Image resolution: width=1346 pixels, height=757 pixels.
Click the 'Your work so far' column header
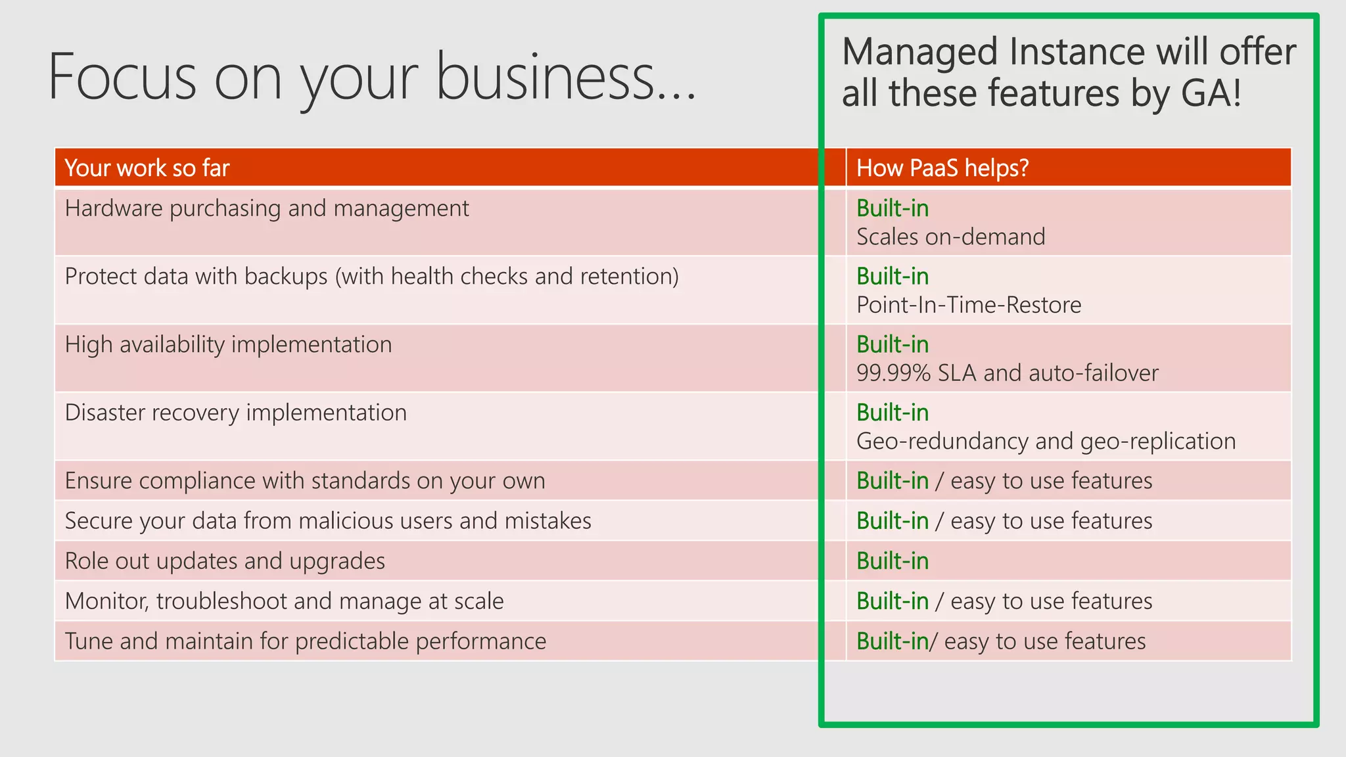coord(147,168)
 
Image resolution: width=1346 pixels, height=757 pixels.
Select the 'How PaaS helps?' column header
coord(942,168)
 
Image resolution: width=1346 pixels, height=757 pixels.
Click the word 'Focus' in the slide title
coord(122,77)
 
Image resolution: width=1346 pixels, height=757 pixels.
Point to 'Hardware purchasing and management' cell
coord(267,209)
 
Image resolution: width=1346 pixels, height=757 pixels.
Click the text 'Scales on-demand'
coord(950,237)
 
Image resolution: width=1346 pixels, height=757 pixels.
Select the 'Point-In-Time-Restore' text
coord(968,306)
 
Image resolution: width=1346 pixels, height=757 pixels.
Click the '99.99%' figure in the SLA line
coord(893,373)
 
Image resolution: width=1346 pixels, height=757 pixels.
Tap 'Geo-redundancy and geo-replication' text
coord(1046,442)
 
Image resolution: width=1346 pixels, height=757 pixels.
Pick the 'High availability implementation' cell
coord(228,345)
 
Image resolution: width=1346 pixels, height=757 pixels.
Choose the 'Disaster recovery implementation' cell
coord(235,413)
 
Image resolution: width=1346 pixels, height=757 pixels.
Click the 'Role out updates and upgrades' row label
coord(225,561)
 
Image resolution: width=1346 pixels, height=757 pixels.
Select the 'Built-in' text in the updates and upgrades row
coord(892,561)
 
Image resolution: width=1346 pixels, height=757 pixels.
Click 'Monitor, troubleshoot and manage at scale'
coord(284,601)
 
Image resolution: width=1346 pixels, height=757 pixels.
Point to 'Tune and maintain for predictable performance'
coord(305,641)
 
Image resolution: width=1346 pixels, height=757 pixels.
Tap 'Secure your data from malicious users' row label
coord(327,521)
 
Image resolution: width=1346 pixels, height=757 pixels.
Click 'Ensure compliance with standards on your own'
coord(304,481)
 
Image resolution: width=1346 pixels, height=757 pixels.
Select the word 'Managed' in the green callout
coord(919,53)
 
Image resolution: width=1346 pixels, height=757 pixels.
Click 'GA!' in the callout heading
coord(1211,93)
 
